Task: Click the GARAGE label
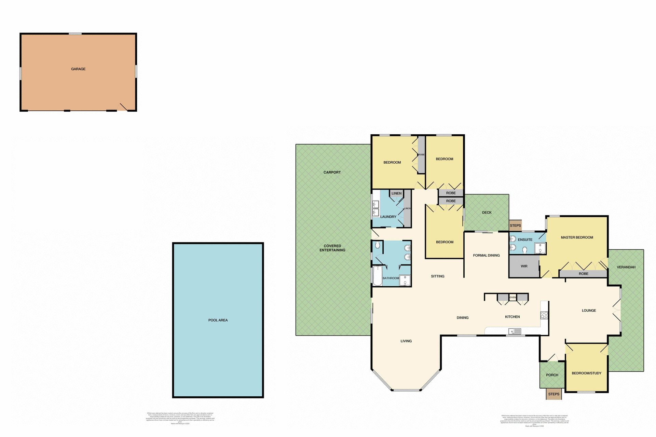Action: [x=78, y=69]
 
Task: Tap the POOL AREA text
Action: [x=218, y=320]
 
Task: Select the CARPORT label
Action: [x=332, y=172]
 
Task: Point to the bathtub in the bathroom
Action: [x=377, y=276]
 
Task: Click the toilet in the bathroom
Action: [x=378, y=245]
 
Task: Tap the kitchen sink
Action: [x=515, y=331]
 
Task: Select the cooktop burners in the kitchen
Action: [x=544, y=315]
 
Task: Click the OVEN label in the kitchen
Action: [x=512, y=297]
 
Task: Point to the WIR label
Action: [x=524, y=266]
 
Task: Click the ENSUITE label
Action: [x=525, y=240]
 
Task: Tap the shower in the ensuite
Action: [x=540, y=248]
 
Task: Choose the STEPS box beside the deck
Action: [x=515, y=226]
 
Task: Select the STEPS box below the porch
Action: [x=554, y=394]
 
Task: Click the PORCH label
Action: [x=552, y=375]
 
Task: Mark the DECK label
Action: [x=487, y=213]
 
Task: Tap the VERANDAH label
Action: [x=626, y=267]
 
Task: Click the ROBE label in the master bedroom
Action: [x=584, y=274]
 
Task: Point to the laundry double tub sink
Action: [x=375, y=208]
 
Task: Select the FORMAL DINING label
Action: [x=486, y=255]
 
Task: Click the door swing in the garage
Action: [x=123, y=107]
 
